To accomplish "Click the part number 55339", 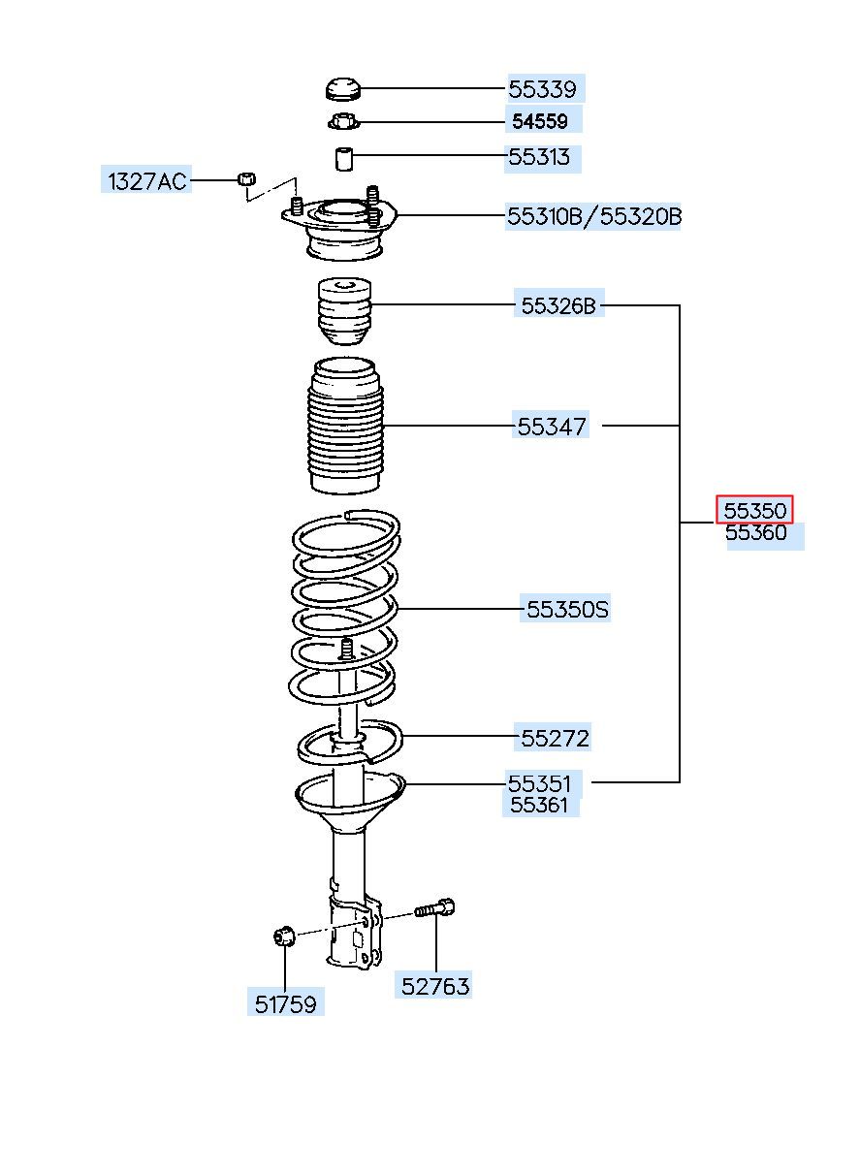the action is [x=542, y=89].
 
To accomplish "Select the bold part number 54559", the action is [x=539, y=122].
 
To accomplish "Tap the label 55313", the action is [x=539, y=157].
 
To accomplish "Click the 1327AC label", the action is [x=147, y=181].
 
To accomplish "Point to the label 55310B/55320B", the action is [x=593, y=216].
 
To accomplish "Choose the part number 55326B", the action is [x=558, y=305].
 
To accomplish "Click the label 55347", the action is [x=552, y=427].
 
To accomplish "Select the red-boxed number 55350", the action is [x=754, y=510].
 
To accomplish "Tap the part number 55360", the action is [x=755, y=533].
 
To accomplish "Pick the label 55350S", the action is [x=566, y=610].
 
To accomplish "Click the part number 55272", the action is [x=554, y=739].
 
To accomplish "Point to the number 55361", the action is [x=539, y=805].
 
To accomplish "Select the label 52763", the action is [x=435, y=987].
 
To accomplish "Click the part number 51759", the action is [x=285, y=1005].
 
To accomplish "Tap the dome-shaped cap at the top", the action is [x=343, y=89].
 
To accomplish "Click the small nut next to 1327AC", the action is [x=246, y=178].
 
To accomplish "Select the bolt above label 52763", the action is [x=435, y=908].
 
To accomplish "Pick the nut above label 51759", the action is [x=284, y=937].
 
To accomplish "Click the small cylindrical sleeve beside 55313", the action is [x=343, y=159].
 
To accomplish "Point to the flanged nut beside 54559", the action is [x=343, y=122].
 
